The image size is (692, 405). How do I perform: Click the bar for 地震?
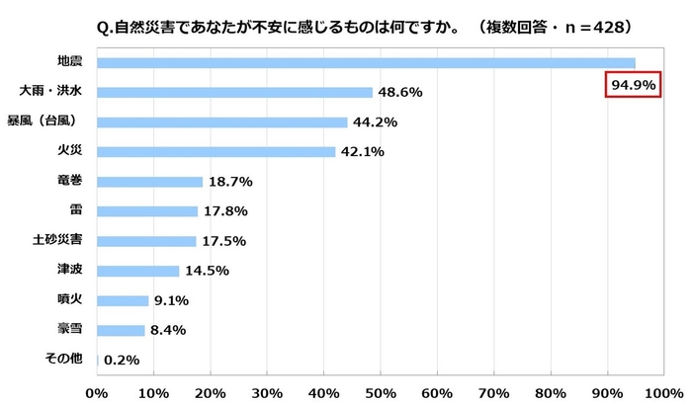(x=366, y=63)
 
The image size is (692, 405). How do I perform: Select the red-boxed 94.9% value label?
(x=632, y=86)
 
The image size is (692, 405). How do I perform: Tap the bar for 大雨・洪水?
(x=235, y=92)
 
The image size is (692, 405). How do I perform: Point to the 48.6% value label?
(x=400, y=92)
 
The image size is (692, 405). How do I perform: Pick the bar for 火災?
(x=216, y=151)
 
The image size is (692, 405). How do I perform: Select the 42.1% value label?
(x=363, y=152)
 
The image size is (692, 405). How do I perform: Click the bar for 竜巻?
(x=150, y=182)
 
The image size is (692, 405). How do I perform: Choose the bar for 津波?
(x=138, y=271)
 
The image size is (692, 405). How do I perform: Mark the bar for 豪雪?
(x=122, y=330)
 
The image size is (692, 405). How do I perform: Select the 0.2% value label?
(x=122, y=361)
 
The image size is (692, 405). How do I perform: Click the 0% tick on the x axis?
(x=97, y=393)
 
